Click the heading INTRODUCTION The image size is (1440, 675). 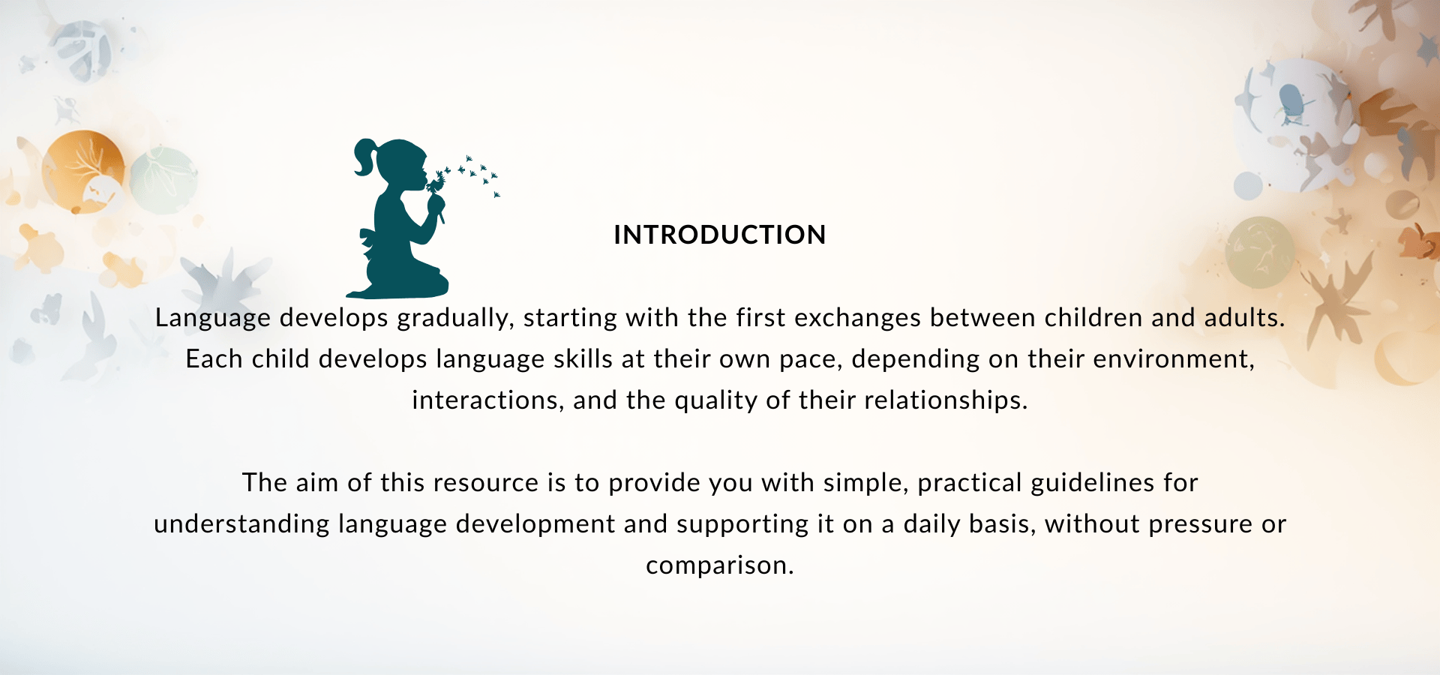(x=720, y=235)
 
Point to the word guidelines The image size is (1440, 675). (x=1093, y=484)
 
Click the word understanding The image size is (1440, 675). (x=241, y=525)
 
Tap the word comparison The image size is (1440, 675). (x=720, y=566)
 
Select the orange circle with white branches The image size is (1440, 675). (x=83, y=172)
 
